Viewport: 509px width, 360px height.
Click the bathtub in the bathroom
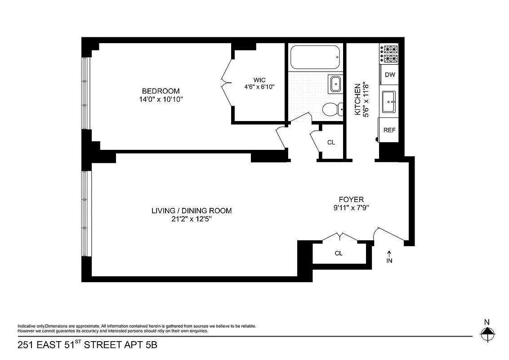pos(314,58)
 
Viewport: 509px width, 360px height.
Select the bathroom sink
pos(335,84)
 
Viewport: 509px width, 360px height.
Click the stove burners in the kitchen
pos(389,54)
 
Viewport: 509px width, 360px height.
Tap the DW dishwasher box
pos(390,75)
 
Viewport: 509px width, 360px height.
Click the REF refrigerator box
pos(389,130)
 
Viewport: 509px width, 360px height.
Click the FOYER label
pos(351,199)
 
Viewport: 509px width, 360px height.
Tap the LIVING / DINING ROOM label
pos(192,211)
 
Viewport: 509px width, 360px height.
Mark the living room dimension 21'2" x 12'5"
pos(192,219)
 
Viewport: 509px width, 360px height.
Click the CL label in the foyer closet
pos(339,253)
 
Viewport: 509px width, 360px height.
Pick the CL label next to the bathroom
pos(331,143)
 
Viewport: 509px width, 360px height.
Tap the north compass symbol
pos(487,334)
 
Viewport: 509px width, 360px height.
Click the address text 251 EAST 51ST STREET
pos(87,346)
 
